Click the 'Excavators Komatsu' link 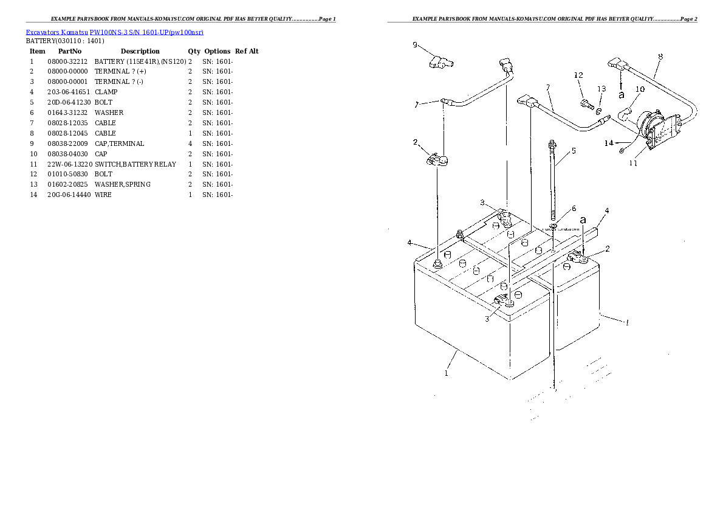click(x=57, y=32)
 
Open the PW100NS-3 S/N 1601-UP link click(x=146, y=32)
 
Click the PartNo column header click(x=70, y=51)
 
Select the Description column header click(x=140, y=51)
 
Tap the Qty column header click(x=194, y=51)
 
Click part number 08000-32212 click(x=67, y=61)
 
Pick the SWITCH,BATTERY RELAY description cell click(x=135, y=164)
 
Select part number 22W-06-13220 click(x=70, y=164)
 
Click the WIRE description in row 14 click(x=103, y=195)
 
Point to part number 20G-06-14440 click(x=69, y=195)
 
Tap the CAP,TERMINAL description click(x=120, y=144)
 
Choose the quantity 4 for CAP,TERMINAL click(x=190, y=144)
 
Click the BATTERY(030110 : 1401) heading click(x=65, y=41)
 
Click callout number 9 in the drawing click(x=415, y=45)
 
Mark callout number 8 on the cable click(x=660, y=57)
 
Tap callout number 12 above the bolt click(x=578, y=75)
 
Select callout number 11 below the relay click(x=633, y=163)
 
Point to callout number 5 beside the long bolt click(x=574, y=151)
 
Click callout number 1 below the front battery click(x=446, y=373)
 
